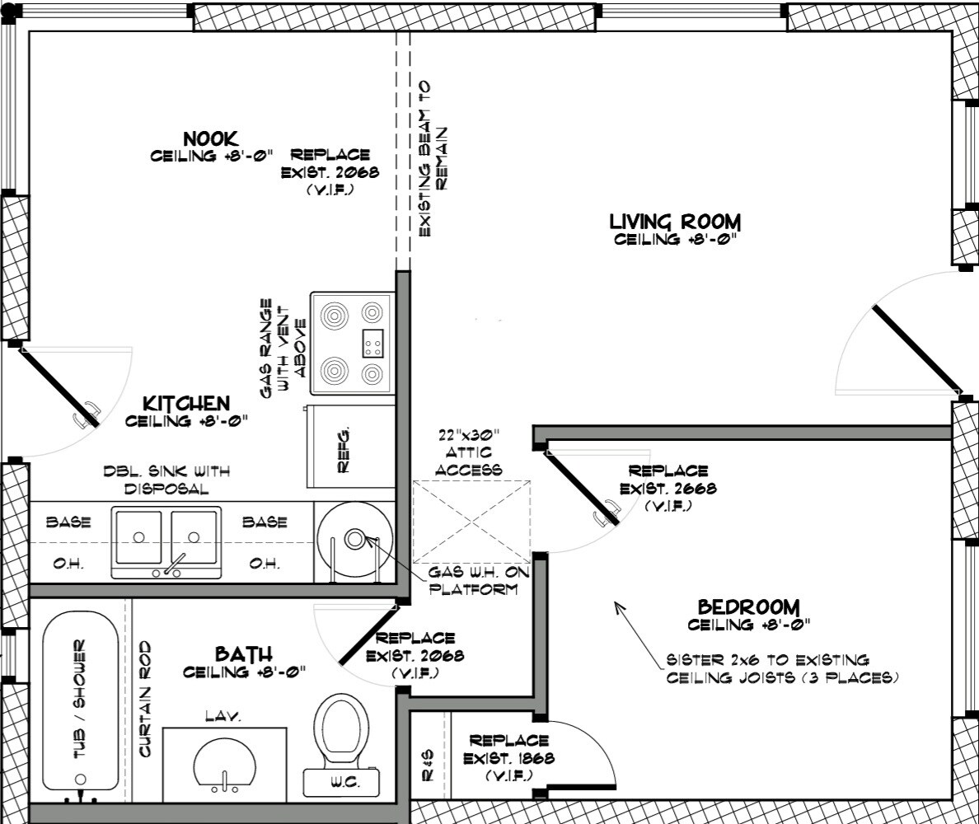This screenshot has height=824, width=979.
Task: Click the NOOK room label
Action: pos(210,138)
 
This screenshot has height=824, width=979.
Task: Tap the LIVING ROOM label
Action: pos(675,222)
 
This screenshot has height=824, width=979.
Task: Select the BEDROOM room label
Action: pos(748,606)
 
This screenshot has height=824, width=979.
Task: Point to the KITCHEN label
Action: pos(186,403)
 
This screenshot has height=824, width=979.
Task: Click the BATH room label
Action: pos(243,653)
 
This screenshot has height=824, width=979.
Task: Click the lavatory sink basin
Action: pos(224,765)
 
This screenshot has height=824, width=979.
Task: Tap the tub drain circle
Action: pos(81,779)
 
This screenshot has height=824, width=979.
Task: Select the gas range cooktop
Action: pos(353,343)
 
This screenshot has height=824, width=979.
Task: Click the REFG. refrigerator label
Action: pos(344,449)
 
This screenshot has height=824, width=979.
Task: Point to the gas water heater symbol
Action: pos(354,541)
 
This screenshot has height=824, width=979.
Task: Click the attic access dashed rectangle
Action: pos(471,522)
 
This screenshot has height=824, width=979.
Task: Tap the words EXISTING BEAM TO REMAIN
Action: pos(433,158)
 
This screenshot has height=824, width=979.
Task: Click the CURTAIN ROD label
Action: pos(145,699)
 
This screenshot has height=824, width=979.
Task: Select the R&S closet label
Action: pos(428,765)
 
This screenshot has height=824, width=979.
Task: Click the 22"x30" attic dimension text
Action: pos(468,434)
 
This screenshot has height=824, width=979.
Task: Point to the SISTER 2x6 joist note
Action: pos(782,668)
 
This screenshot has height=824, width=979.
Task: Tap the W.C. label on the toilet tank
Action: pos(344,782)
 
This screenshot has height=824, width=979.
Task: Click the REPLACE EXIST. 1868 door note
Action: pos(508,758)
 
